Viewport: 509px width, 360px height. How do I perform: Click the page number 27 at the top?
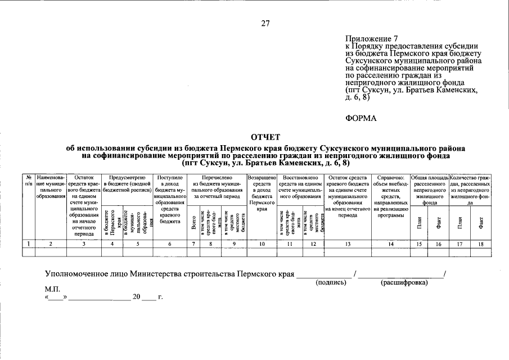pos(265,23)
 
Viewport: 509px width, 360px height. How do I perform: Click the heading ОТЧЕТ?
pos(265,137)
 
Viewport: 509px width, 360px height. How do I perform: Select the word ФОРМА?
pos(360,118)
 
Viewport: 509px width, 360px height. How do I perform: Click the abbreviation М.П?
pos(52,288)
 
